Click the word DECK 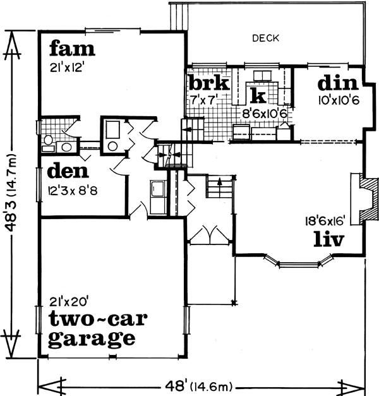click(265, 39)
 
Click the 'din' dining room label click(338, 83)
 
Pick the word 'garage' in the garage click(92, 339)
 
